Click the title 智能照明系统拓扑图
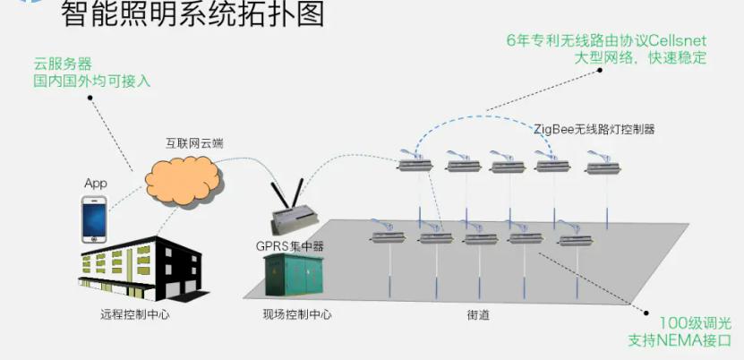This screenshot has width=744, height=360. [192, 14]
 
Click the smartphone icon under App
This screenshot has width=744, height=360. [95, 219]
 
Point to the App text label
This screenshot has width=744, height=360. [96, 184]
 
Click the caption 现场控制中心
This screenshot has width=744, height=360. [296, 314]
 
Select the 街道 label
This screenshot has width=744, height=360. [477, 315]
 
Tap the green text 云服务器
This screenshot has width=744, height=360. [64, 64]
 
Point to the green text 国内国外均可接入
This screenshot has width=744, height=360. [92, 81]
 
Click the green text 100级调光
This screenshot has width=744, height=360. [696, 324]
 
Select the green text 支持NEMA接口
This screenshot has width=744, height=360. [681, 341]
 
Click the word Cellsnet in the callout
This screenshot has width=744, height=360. [678, 40]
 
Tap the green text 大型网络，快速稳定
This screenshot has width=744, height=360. [640, 57]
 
